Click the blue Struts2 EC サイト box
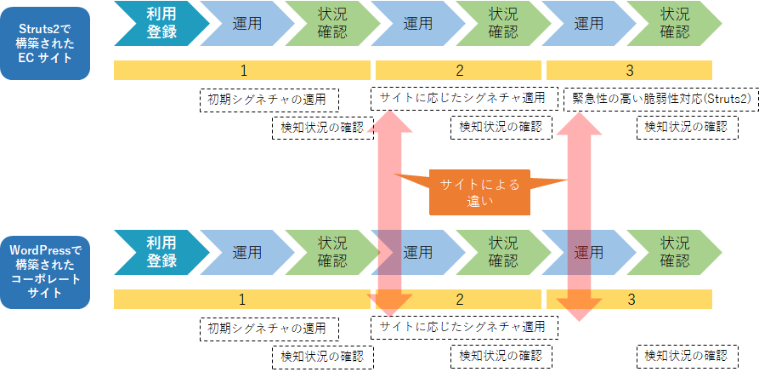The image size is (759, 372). pos(44,43)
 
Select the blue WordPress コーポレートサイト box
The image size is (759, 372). pos(44,272)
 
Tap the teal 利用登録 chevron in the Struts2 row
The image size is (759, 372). pos(160,22)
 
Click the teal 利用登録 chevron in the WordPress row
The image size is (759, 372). pos(160,251)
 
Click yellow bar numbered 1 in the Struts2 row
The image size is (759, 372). pos(242,71)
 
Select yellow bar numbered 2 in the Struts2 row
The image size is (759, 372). pos(459,71)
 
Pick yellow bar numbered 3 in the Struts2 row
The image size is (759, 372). pos(629,71)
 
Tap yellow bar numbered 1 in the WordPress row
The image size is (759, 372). pos(242,300)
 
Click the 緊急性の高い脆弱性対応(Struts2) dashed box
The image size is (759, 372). pos(660,100)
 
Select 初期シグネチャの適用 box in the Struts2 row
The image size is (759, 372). pos(268,100)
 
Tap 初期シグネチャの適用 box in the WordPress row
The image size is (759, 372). pos(268,329)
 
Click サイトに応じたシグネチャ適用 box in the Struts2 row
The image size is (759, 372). pos(463,98)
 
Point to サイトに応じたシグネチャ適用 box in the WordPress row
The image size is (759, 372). pos(463,327)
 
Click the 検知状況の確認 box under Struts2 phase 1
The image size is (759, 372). pos(322,128)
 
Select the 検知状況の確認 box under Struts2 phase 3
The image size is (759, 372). pos(686,128)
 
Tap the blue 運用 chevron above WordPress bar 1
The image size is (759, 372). pos(246,251)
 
